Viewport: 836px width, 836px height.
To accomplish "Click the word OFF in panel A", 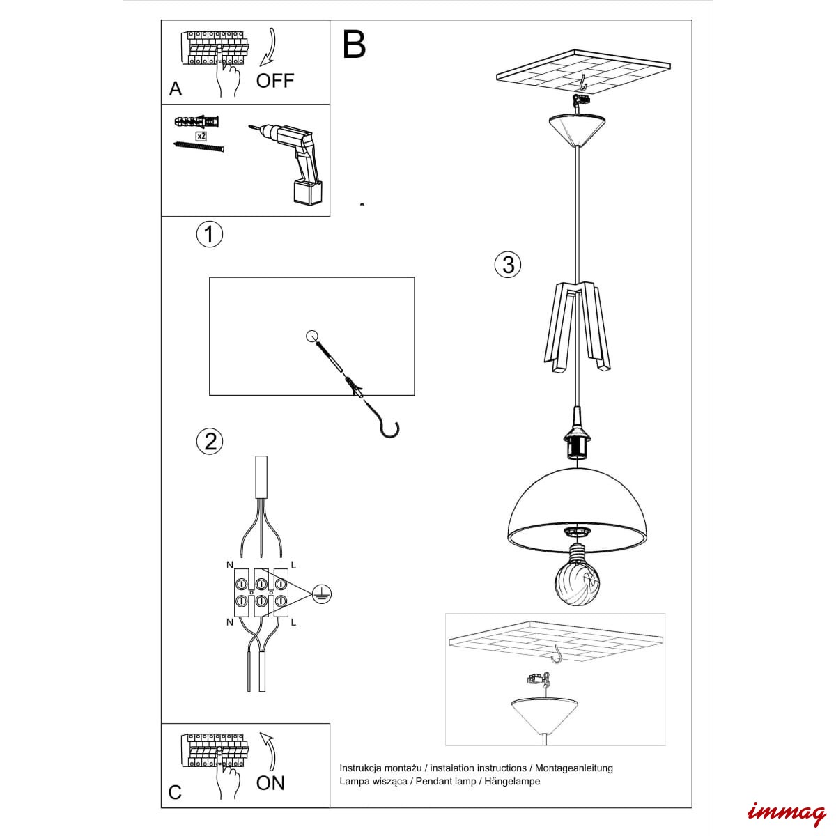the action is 275,81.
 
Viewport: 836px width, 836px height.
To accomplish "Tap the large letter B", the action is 354,45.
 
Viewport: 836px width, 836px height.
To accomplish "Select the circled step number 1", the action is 210,234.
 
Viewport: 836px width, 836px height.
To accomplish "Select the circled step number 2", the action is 210,442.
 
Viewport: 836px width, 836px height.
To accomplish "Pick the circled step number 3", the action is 508,264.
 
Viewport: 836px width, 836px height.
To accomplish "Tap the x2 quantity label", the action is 201,137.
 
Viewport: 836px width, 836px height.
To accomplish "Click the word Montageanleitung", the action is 573,768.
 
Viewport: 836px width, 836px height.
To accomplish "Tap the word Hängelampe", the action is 512,782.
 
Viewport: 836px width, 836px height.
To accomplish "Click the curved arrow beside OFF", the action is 270,48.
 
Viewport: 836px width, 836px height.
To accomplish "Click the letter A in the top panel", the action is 176,89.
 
